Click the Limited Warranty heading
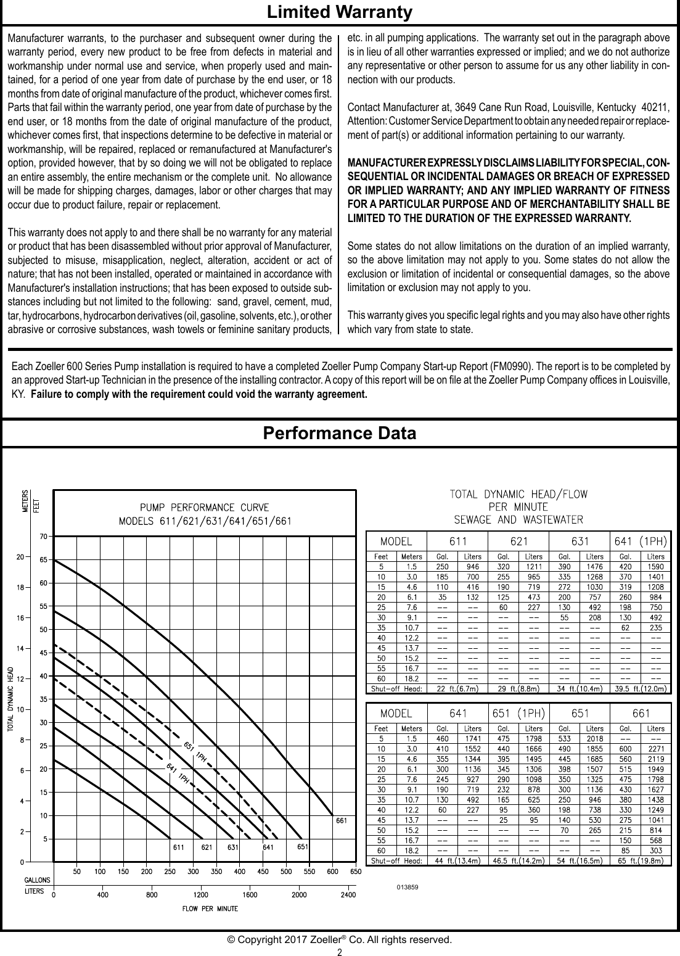click(x=339, y=12)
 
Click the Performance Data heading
click(x=339, y=433)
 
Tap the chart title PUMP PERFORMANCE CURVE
click(x=205, y=508)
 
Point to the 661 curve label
click(x=342, y=821)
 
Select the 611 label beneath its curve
click(x=178, y=847)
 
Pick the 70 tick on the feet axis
click(x=43, y=537)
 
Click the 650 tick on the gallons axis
click(x=356, y=873)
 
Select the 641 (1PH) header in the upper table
click(x=641, y=542)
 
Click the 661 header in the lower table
click(x=641, y=714)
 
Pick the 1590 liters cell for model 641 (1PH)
click(x=656, y=565)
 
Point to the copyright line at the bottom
click(x=340, y=940)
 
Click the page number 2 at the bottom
click(x=340, y=952)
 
